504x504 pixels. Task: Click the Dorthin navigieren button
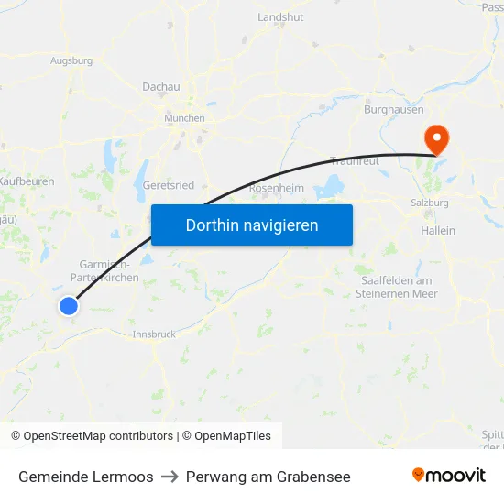click(x=252, y=225)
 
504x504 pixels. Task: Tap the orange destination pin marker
click(x=437, y=139)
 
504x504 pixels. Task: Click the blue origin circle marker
click(x=68, y=306)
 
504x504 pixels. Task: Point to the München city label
click(x=184, y=118)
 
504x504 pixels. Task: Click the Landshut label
click(x=280, y=17)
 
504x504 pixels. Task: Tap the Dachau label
click(x=160, y=87)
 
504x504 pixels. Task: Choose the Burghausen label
click(x=393, y=110)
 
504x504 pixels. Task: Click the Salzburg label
click(x=430, y=203)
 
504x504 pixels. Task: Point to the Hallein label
click(x=437, y=231)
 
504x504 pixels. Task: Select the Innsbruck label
click(x=154, y=334)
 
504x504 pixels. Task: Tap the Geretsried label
click(x=169, y=184)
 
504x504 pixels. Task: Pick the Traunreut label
click(x=354, y=160)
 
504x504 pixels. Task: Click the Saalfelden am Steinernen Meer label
click(x=399, y=287)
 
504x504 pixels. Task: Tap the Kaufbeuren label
click(x=27, y=181)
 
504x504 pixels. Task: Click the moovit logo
click(x=448, y=476)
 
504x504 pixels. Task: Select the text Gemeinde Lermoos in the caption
click(x=86, y=477)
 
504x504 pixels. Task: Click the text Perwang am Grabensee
click(x=268, y=477)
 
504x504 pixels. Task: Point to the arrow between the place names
click(x=170, y=477)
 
